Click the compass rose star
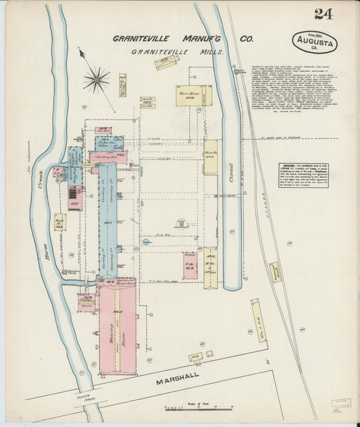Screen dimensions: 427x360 point(97,80)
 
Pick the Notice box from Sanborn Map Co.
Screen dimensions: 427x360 point(303,174)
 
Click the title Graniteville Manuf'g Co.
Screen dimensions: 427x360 point(178,39)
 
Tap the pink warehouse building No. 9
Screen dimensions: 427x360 point(190,266)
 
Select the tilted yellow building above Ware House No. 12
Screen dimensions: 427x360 point(166,63)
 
